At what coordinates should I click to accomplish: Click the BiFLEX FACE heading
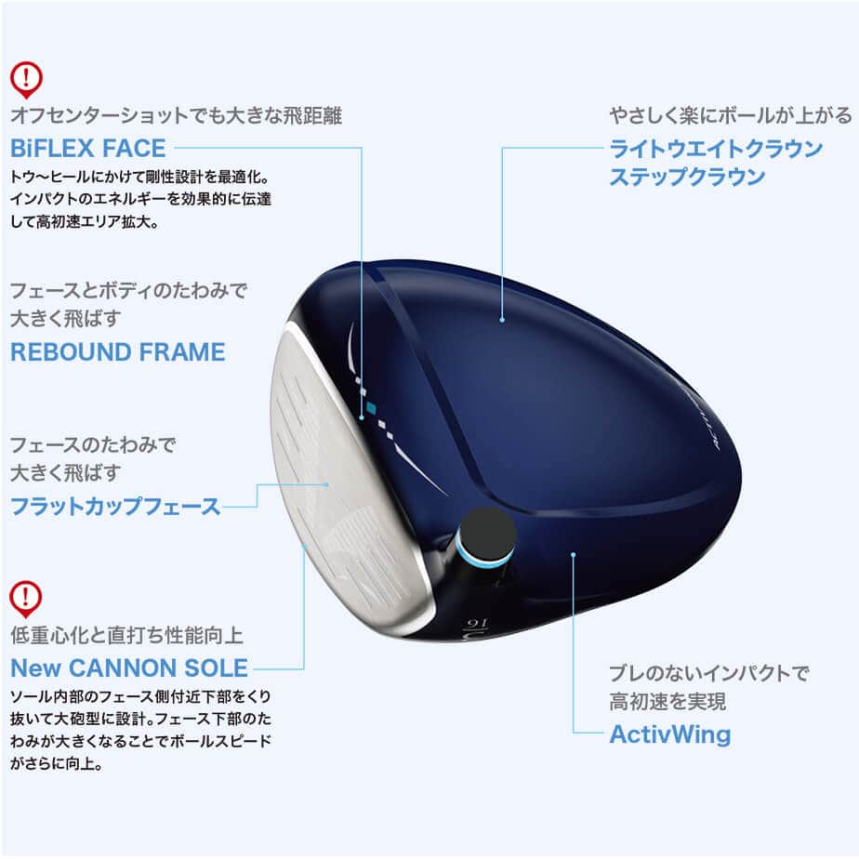click(87, 148)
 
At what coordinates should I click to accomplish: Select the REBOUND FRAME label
click(117, 352)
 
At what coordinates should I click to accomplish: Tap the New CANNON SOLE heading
click(129, 667)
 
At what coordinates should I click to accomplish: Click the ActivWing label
click(669, 734)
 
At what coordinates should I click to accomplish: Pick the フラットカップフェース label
click(115, 507)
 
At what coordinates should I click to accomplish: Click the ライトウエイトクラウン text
click(716, 149)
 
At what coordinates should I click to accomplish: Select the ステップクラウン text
click(687, 177)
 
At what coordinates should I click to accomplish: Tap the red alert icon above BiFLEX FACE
click(26, 78)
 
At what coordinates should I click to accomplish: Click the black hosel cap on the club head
click(487, 535)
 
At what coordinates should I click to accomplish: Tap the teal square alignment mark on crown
click(371, 408)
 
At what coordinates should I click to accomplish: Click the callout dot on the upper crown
click(502, 320)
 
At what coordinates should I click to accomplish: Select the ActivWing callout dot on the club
click(574, 555)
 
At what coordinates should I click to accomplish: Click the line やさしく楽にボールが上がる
click(730, 116)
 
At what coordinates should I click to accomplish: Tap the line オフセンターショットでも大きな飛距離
click(176, 116)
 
